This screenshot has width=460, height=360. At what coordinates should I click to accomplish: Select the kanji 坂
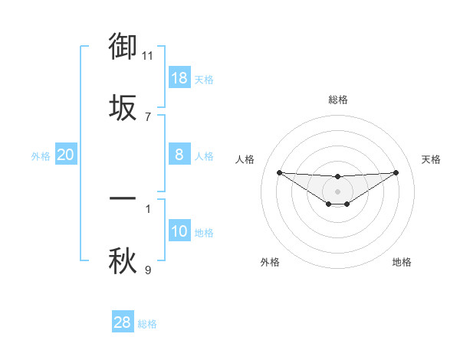(x=123, y=108)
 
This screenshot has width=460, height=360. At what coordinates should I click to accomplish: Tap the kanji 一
(x=123, y=198)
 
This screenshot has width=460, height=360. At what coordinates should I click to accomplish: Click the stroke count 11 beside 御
(x=148, y=55)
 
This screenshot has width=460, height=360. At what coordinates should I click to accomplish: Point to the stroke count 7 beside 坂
(x=148, y=117)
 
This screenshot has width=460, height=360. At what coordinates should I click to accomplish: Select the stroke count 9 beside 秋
(x=148, y=270)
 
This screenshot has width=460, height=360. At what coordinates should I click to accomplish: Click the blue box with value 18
(x=179, y=78)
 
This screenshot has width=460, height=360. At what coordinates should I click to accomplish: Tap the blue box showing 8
(x=179, y=155)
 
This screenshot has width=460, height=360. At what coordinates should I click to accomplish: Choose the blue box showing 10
(x=179, y=231)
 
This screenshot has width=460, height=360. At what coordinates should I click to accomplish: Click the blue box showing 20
(x=66, y=155)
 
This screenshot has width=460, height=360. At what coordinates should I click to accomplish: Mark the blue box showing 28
(x=123, y=322)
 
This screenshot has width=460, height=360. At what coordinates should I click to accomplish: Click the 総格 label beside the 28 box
(x=147, y=324)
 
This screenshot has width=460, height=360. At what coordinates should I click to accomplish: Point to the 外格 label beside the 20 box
(x=41, y=156)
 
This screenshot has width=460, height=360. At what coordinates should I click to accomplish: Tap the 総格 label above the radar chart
(x=337, y=100)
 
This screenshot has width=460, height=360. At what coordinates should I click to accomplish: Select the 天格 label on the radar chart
(x=432, y=159)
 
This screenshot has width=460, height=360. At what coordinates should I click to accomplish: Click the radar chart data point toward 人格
(x=279, y=172)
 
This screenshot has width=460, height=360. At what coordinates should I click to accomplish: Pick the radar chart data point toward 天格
(x=396, y=172)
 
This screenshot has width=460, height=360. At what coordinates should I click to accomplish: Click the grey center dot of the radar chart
(x=337, y=191)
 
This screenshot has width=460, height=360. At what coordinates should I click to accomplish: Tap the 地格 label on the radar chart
(x=402, y=262)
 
